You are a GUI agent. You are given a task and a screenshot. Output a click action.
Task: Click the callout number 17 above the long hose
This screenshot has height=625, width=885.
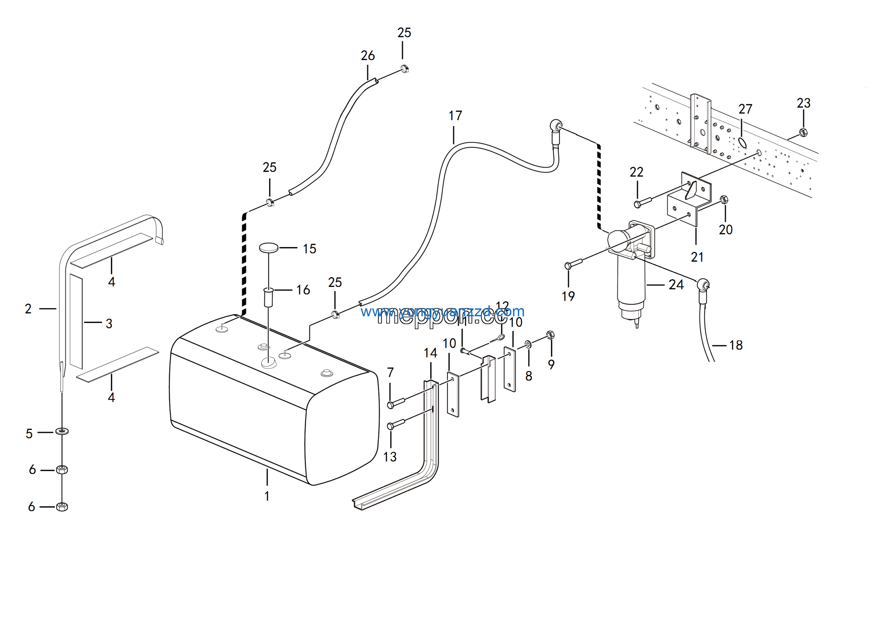pyautogui.click(x=455, y=115)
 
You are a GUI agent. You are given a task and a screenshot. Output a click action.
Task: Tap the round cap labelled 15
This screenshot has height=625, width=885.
pyautogui.click(x=269, y=248)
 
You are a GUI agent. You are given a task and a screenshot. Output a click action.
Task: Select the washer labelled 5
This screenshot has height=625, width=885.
pyautogui.click(x=62, y=430)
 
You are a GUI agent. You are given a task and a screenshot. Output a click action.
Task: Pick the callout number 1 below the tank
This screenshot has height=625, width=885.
pyautogui.click(x=267, y=496)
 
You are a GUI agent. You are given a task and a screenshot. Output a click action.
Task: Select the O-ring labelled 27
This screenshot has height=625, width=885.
pyautogui.click(x=742, y=143)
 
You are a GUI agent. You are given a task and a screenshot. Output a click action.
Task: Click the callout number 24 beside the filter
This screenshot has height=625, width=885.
pyautogui.click(x=676, y=285)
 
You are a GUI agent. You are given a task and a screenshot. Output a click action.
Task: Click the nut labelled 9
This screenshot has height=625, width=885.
pyautogui.click(x=550, y=335)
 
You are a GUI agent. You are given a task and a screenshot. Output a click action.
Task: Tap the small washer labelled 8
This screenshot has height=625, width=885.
pyautogui.click(x=528, y=344)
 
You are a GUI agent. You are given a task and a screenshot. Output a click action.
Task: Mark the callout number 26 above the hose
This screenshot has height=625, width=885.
pyautogui.click(x=368, y=56)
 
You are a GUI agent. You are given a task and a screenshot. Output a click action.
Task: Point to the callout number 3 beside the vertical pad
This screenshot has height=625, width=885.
pyautogui.click(x=109, y=324)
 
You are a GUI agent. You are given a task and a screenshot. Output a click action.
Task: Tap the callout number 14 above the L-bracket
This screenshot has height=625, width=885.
pyautogui.click(x=430, y=353)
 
